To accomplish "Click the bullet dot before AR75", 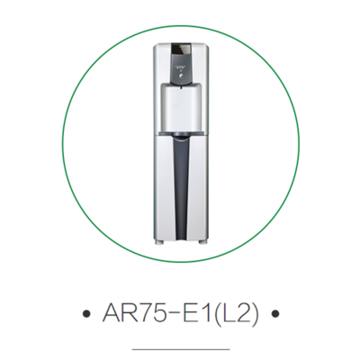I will point(86,315).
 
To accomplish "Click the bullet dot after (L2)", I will point(274,315).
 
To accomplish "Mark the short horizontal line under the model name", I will point(180,346).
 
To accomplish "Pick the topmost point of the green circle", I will point(180,25).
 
